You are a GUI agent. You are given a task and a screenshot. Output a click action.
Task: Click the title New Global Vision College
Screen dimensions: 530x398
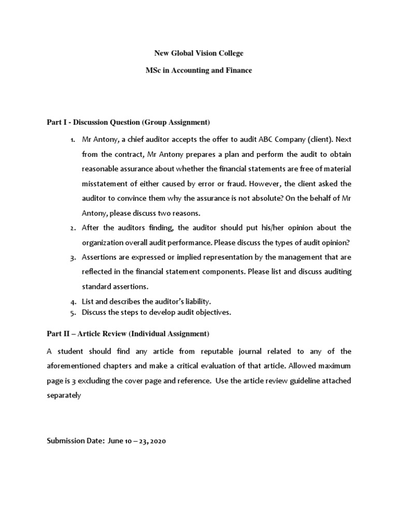pos(199,53)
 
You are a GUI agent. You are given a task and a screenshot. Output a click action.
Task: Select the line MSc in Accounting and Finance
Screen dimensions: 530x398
pos(199,70)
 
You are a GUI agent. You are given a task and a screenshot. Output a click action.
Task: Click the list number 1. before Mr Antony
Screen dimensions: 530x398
pos(73,140)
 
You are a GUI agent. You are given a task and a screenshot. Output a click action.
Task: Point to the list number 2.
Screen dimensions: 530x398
pos(73,228)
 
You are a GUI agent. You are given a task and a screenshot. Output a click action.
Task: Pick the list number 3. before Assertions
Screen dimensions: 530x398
pos(73,257)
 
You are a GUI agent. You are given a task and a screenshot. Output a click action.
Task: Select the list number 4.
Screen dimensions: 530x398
pos(73,301)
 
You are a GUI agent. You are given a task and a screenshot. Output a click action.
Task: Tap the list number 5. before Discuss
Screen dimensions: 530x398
pos(73,312)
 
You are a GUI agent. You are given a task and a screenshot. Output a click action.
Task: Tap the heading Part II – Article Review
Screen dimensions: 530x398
pos(128,333)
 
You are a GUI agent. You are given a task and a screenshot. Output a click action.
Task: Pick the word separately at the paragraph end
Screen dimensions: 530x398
pos(64,395)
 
